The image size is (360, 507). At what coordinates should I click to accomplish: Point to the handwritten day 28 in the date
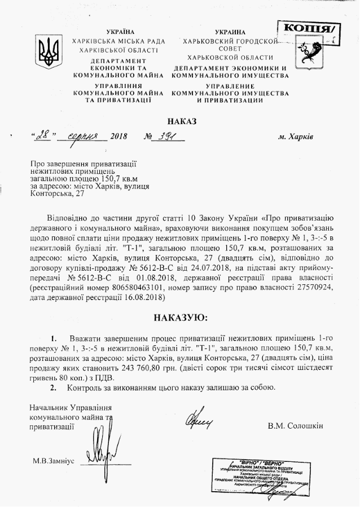pos(43,136)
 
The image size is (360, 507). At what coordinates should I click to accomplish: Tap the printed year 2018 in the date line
pos(119,137)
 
